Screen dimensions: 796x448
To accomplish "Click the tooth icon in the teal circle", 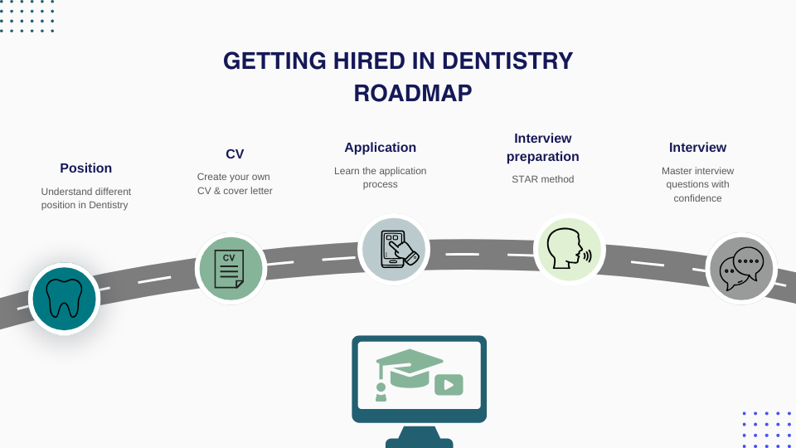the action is click(x=64, y=299).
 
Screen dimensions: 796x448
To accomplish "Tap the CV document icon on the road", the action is click(x=231, y=269).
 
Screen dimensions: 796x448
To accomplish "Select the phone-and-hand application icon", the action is click(x=394, y=250).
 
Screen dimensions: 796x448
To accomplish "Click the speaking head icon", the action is click(x=569, y=249).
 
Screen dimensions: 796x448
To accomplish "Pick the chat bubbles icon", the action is click(x=741, y=269).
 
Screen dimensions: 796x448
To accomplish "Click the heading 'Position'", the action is click(x=86, y=168).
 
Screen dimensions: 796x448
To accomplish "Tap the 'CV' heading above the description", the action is click(x=235, y=154).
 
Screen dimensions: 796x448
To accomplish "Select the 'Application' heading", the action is click(x=381, y=148).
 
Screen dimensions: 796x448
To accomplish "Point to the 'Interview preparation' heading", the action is click(x=543, y=148).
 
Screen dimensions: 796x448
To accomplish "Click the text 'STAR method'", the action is click(x=543, y=179).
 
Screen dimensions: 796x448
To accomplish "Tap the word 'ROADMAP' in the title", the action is click(x=413, y=94).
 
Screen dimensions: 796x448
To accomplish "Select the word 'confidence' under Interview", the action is click(x=697, y=198).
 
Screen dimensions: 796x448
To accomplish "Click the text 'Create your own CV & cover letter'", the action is click(x=235, y=183).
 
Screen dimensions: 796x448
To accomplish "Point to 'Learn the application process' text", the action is click(x=381, y=178).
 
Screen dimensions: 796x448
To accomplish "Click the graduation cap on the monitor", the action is click(x=410, y=368).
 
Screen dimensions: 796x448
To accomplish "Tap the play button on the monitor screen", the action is click(x=449, y=384).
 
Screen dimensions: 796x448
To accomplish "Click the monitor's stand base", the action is click(x=420, y=442).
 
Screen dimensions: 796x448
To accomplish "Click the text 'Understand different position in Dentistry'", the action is click(x=86, y=198).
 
